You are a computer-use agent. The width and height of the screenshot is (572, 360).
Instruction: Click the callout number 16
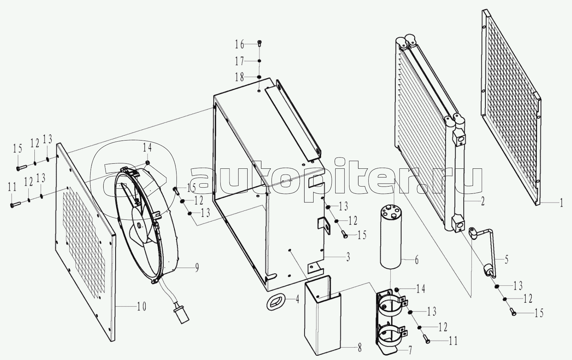pos(240,45)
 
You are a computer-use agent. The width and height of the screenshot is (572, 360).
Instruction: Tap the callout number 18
pos(240,77)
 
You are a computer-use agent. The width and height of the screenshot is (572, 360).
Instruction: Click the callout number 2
pos(483,201)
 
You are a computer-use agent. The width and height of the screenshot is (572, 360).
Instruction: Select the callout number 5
pos(506,259)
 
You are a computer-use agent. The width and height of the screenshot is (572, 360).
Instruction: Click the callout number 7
pos(410,351)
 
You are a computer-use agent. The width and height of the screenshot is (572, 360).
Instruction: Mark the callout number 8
pos(359,348)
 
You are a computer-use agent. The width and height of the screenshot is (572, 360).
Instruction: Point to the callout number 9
pos(197,268)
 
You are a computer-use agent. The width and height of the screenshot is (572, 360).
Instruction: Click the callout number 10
pos(141,307)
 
